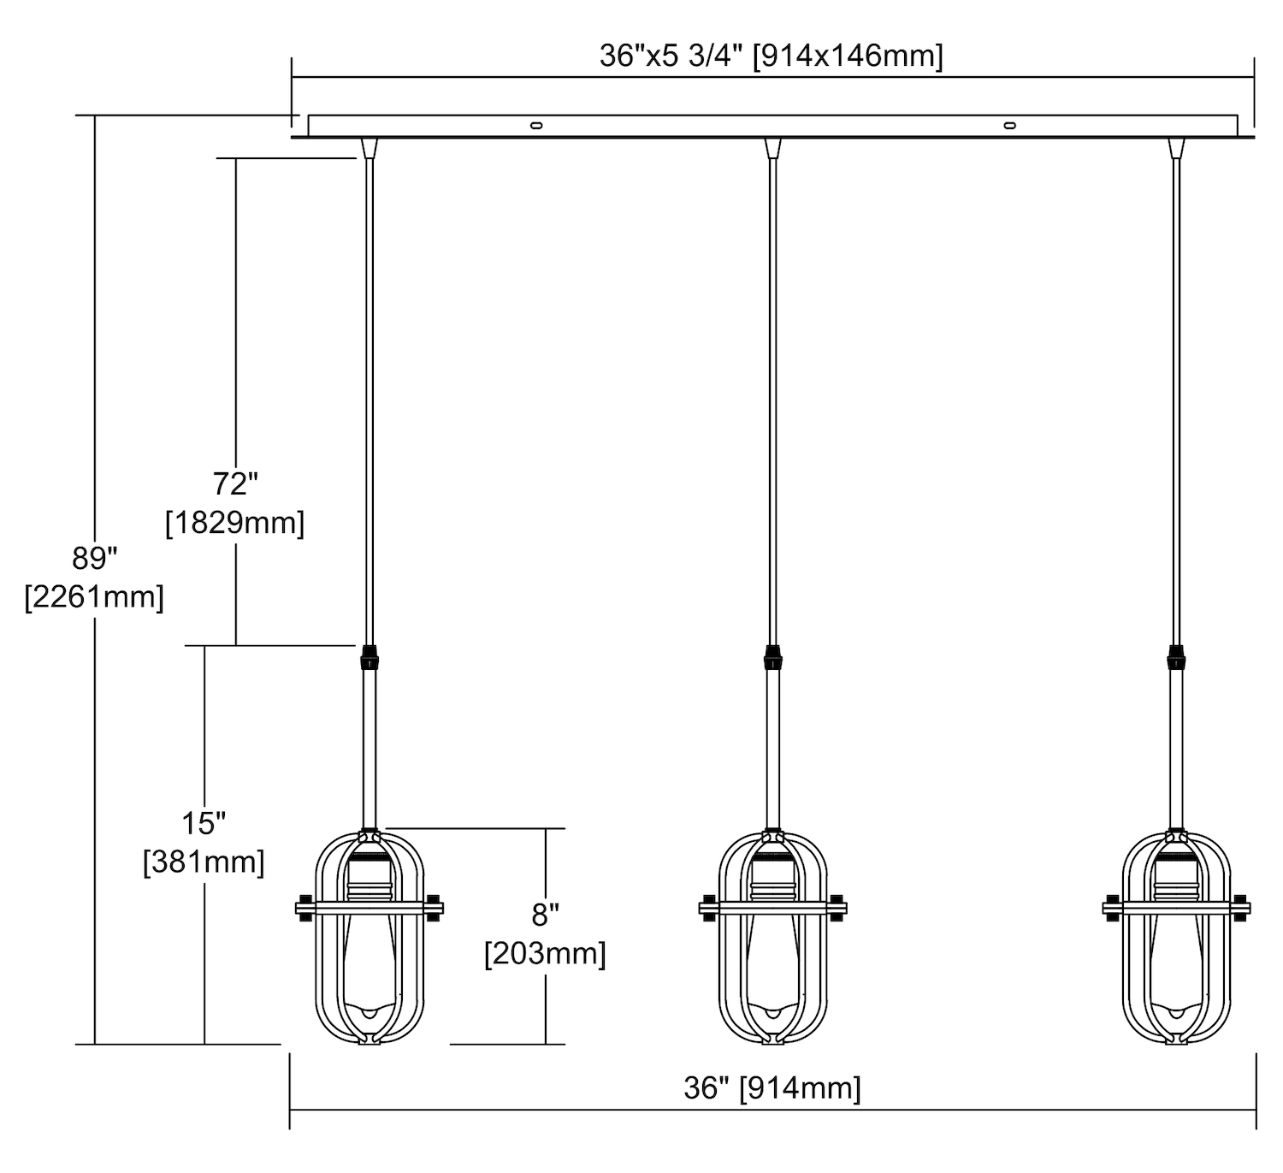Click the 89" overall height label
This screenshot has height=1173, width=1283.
(95, 558)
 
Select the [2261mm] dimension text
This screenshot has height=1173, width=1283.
(95, 597)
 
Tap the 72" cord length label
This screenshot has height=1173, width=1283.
(235, 483)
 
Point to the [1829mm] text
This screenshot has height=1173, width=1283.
(235, 523)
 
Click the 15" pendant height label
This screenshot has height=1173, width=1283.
(204, 824)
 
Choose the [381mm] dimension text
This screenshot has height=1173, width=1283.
(204, 862)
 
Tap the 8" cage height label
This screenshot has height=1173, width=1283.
(546, 915)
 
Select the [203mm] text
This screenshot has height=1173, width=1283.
(546, 953)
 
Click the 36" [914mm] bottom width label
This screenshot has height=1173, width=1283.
(772, 1088)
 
